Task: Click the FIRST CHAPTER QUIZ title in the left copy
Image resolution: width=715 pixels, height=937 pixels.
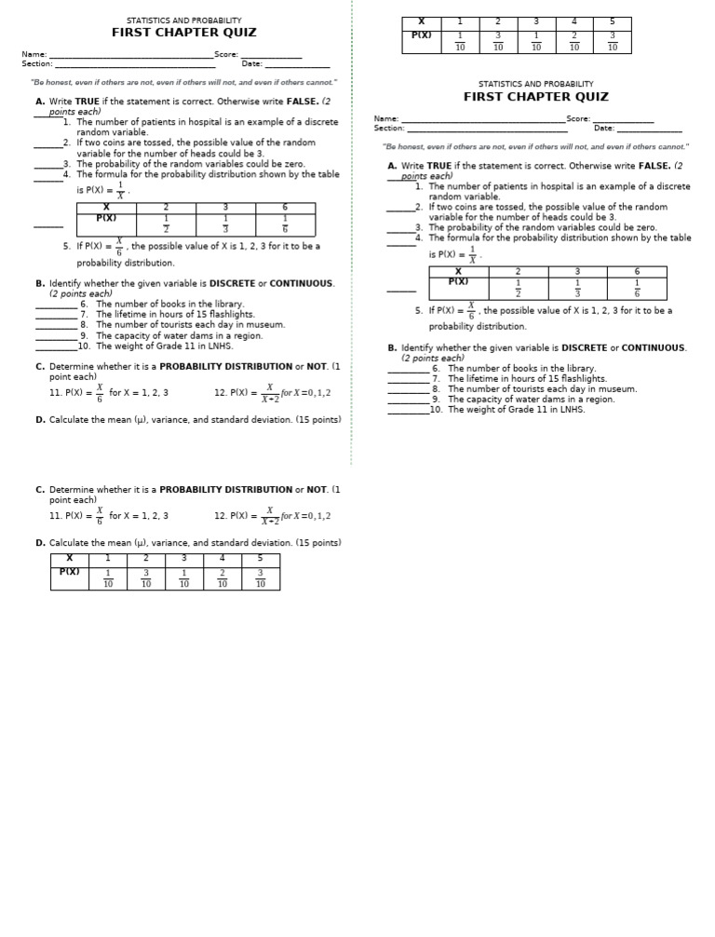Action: (x=183, y=33)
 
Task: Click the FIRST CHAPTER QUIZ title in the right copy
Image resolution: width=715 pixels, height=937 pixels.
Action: (x=535, y=97)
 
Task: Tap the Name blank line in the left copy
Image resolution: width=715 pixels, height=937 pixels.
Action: (x=130, y=56)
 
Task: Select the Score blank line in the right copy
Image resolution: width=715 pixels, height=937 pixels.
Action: (x=623, y=120)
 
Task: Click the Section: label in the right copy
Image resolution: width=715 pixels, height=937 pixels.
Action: (x=389, y=129)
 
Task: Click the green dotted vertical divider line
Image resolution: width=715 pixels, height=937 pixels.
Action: (x=352, y=233)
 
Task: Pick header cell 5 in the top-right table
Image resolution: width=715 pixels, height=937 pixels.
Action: (x=612, y=22)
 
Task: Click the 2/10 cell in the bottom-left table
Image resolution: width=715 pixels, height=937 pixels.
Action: (x=222, y=578)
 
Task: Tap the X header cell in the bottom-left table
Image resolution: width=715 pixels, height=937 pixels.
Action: (x=69, y=558)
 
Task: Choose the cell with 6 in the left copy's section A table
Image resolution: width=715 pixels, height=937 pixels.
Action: (x=285, y=208)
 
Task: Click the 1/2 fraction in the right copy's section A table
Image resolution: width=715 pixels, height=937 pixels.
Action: (x=518, y=289)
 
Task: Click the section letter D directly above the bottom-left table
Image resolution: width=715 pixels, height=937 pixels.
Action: (x=40, y=543)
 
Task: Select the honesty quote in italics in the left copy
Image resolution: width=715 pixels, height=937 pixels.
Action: (x=183, y=83)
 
